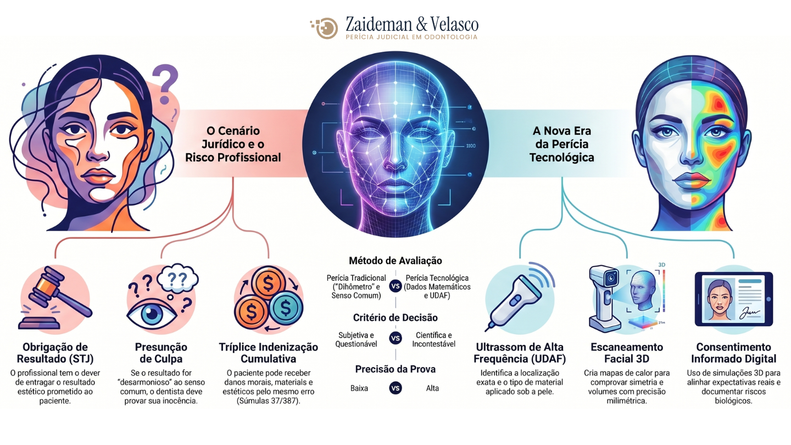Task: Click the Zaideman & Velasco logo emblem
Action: click(x=324, y=27)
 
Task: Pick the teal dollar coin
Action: click(x=285, y=308)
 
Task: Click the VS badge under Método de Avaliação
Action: click(x=396, y=286)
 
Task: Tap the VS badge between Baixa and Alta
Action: click(x=396, y=388)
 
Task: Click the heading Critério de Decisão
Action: click(x=396, y=318)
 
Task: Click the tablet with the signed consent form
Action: click(x=733, y=299)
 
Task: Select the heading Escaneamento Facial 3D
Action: click(x=627, y=353)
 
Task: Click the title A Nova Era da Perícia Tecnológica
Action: click(x=561, y=144)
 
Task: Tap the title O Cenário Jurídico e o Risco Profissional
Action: click(x=233, y=144)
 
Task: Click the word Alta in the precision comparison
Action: click(x=432, y=388)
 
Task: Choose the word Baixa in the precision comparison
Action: click(x=359, y=388)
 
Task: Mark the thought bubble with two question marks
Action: click(x=177, y=278)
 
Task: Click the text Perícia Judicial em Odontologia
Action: click(x=411, y=37)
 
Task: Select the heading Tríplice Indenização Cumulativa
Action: click(x=269, y=353)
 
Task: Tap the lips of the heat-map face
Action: click(x=692, y=181)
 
